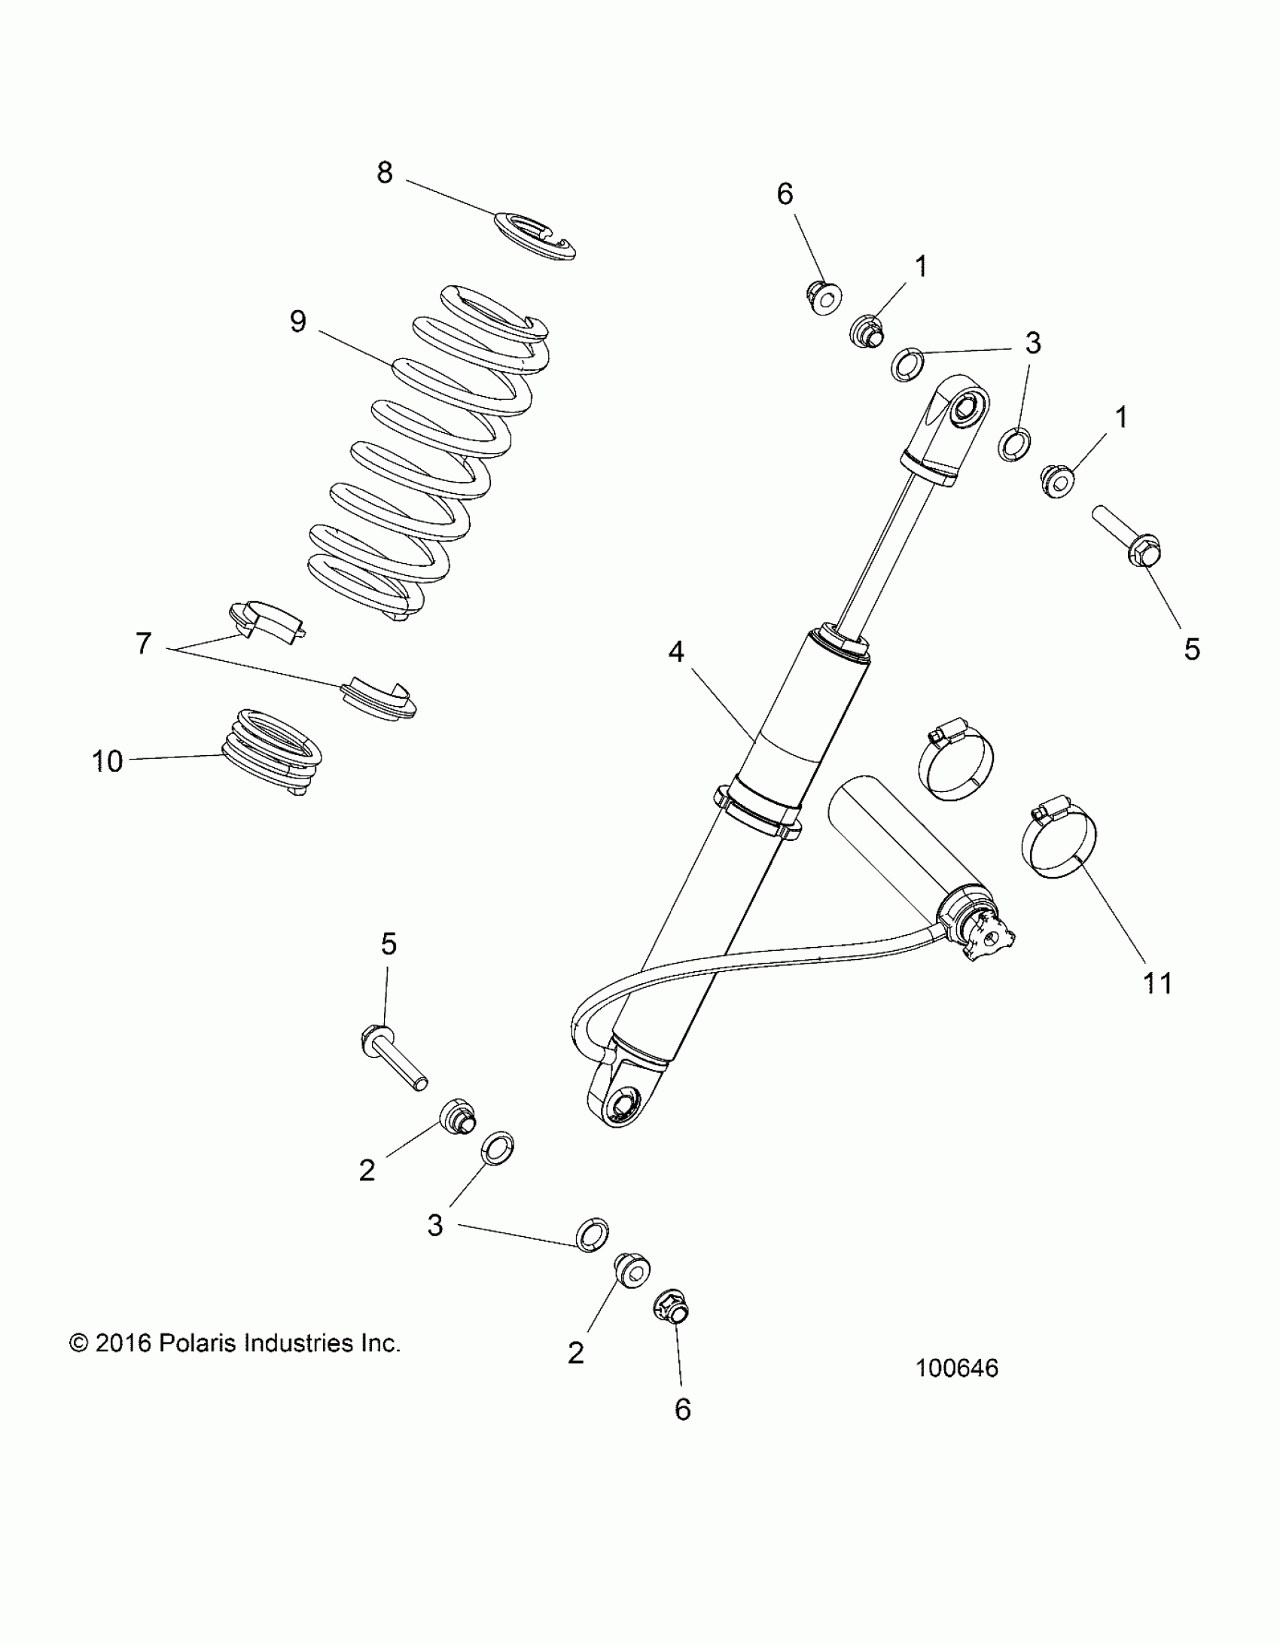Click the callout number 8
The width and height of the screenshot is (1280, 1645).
384,173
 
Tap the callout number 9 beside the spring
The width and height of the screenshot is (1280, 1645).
298,322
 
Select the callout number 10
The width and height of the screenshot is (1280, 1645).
107,761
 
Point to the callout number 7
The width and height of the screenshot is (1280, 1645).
143,644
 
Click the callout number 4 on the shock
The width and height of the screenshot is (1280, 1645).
676,652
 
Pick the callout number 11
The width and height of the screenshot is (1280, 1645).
1158,983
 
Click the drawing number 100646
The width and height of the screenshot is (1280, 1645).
957,1369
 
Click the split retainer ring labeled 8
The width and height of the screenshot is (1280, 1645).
535,236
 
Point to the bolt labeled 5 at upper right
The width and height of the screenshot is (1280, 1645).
1127,538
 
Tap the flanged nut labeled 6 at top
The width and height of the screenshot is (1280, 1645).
823,297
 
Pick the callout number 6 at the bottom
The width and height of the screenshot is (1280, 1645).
683,1409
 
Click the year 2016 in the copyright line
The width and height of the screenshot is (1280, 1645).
124,1344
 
